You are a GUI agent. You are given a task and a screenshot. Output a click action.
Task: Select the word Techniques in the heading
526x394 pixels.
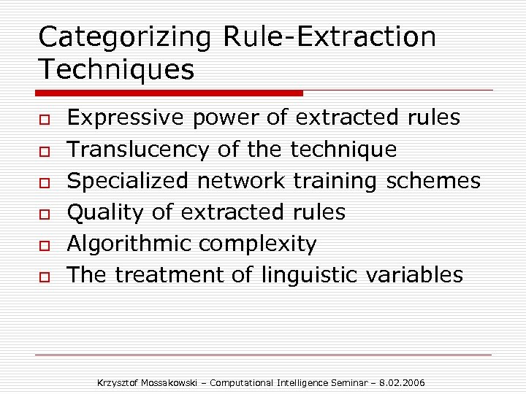coord(116,70)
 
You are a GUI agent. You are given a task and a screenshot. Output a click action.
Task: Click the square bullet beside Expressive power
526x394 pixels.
coord(44,119)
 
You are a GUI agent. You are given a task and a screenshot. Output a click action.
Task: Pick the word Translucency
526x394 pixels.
coord(138,150)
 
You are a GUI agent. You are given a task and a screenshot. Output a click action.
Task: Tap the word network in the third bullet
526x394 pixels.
coord(243,181)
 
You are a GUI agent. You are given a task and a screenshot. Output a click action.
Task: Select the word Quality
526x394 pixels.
coord(104,213)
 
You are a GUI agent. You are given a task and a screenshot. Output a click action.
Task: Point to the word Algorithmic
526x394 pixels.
coord(129,244)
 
